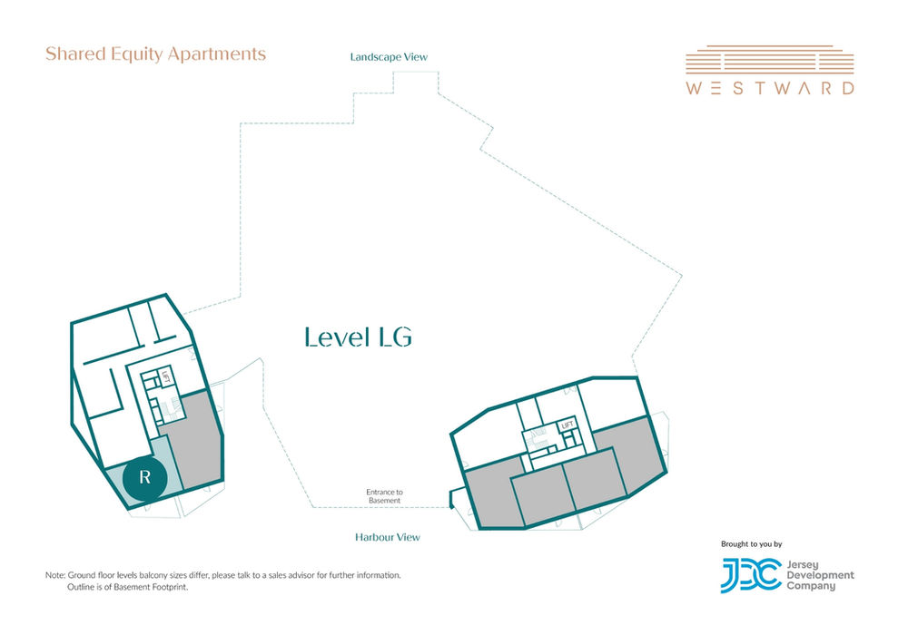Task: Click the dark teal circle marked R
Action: pos(145,477)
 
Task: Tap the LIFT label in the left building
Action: pos(165,376)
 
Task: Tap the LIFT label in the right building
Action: pos(567,425)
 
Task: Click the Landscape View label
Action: pos(389,56)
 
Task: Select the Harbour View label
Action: pos(387,537)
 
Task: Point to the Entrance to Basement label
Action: pos(384,496)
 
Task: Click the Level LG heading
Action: pos(358,337)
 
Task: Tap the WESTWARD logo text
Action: pos(770,88)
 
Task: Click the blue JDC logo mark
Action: pos(751,575)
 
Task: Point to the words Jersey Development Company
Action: pos(820,575)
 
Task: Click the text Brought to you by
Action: pos(752,544)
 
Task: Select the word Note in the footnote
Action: pos(54,575)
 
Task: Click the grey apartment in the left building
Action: pos(194,441)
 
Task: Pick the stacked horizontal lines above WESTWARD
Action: pos(770,60)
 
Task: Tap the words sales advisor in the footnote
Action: pos(291,575)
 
